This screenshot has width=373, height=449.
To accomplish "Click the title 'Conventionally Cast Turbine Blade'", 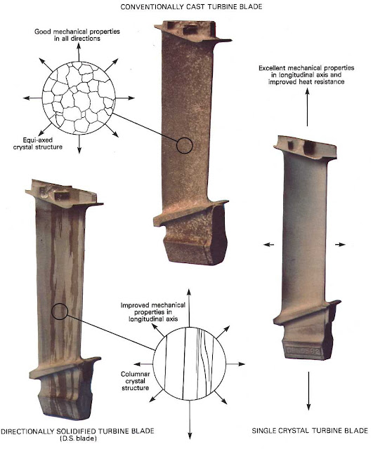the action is click(191, 7).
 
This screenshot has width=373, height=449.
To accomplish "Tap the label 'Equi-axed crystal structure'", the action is click(37, 143).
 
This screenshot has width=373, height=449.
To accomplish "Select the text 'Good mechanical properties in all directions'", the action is click(77, 35).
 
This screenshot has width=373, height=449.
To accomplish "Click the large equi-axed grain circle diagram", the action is click(79, 98).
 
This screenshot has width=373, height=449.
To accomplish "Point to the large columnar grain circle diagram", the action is click(190, 363).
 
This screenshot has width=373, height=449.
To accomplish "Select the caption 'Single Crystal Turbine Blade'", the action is click(310, 431).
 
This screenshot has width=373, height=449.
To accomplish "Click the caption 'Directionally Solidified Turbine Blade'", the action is click(77, 431).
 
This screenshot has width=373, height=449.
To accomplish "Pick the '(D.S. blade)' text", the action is click(78, 438).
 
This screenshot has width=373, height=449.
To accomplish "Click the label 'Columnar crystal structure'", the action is click(136, 381).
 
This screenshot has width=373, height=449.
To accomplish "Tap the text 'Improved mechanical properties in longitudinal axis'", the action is click(153, 311).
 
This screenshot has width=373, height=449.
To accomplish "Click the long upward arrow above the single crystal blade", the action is click(308, 107).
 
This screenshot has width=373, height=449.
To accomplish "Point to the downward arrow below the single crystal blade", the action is click(308, 391).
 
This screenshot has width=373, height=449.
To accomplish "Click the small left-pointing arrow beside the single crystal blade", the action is click(268, 245).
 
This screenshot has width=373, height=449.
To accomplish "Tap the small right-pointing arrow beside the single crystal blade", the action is click(340, 245).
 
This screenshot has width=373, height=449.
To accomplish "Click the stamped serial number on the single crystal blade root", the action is click(304, 351).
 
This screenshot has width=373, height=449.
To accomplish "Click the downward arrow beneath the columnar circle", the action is click(190, 420).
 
